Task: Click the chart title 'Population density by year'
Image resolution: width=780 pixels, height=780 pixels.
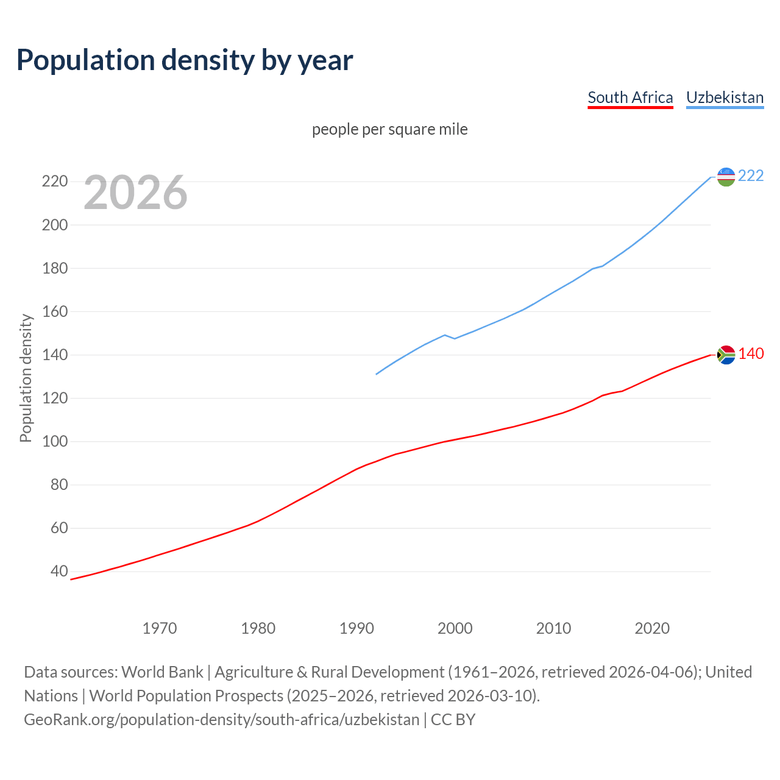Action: point(185,60)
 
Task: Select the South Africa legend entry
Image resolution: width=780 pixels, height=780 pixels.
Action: point(630,97)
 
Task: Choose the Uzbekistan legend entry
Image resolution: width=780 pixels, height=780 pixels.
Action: point(725,97)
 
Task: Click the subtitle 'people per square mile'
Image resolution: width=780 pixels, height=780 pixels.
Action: point(390,129)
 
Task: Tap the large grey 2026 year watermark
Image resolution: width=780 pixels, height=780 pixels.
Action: point(135,193)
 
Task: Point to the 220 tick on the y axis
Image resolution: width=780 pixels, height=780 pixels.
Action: point(54,182)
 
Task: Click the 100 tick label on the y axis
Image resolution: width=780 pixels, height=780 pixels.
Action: point(54,441)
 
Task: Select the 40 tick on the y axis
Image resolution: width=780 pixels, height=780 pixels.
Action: point(58,572)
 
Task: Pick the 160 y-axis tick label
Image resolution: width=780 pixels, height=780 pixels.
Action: point(54,311)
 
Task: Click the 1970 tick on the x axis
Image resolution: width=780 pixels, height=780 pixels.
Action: point(160,628)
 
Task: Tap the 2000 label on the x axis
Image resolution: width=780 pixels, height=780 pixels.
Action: point(455,628)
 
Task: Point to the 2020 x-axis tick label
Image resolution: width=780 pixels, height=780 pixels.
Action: point(652,628)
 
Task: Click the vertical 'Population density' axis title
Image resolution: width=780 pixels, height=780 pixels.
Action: point(26,378)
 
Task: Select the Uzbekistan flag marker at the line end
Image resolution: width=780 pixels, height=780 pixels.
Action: point(726,177)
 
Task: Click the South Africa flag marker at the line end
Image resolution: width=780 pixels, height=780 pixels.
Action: point(726,355)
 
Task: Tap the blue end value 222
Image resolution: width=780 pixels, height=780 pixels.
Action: point(751,175)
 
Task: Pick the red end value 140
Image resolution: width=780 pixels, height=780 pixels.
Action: point(751,353)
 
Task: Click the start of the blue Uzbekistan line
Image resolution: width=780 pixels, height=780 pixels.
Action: point(377,374)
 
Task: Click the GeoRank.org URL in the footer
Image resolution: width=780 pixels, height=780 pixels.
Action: point(222,719)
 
